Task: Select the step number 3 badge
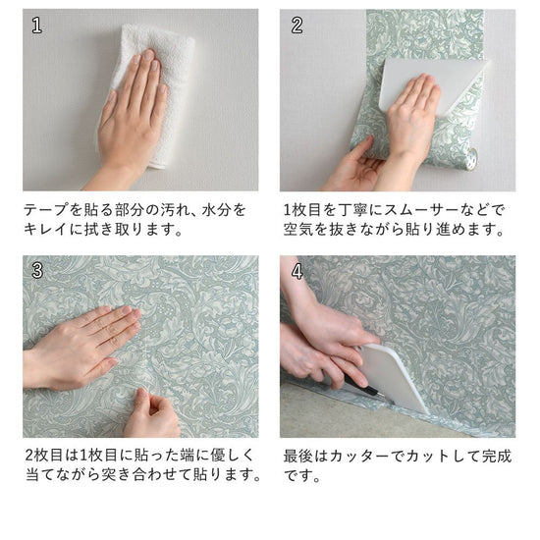tap(37, 270)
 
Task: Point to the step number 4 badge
tap(297, 270)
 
